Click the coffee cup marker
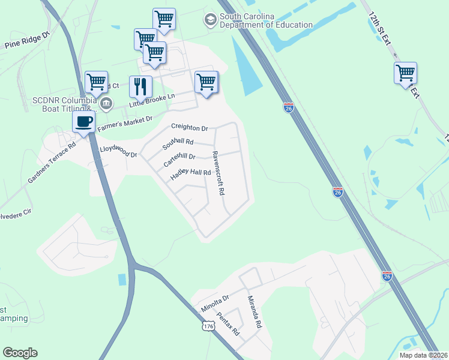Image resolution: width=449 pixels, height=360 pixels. pos(84,122)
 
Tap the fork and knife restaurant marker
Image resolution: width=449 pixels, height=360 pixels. pos(141,86)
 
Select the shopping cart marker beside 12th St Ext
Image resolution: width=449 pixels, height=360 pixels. pos(405,73)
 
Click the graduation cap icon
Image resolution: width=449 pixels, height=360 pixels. pos(210,20)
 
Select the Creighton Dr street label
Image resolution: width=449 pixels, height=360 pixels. pos(189,127)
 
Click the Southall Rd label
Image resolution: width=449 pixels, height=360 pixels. pos(178,144)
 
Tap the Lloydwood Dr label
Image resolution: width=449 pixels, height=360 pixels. pos(118,150)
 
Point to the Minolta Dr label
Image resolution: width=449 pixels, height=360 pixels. pos(215,304)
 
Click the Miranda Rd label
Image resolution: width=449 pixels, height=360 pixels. pos(255,311)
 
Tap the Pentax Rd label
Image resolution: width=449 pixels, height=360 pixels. pos(228,323)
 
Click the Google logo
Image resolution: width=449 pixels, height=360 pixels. pos(20,353)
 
